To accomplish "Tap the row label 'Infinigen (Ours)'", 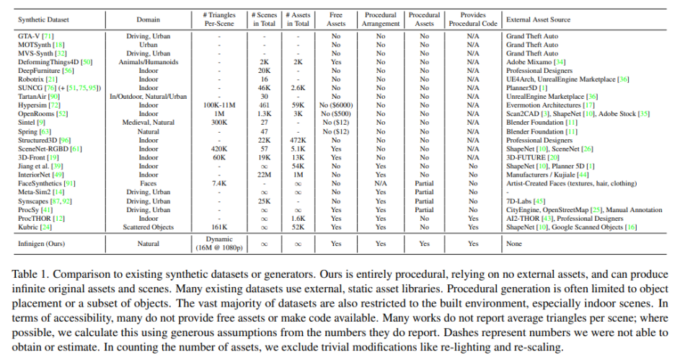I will click(x=42, y=244).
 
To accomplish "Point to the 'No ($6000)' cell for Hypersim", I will click(x=335, y=104).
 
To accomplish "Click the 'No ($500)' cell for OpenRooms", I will click(x=335, y=114).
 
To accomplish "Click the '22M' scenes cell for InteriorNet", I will click(x=265, y=175).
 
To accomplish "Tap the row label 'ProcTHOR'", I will click(x=34, y=217).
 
